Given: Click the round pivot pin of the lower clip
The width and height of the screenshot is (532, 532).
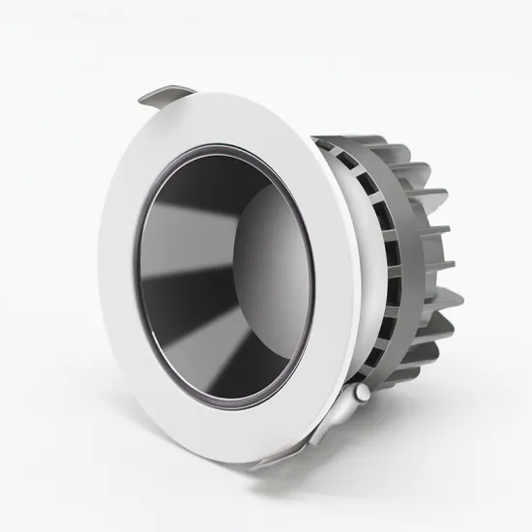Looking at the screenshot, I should [x=360, y=394].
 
